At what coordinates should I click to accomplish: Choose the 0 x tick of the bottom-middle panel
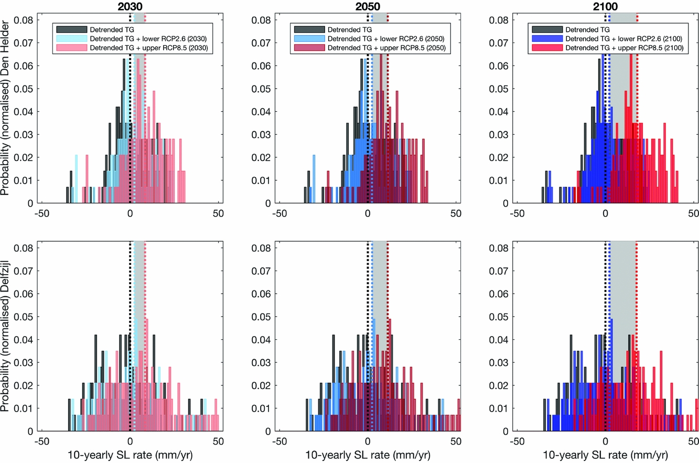(x=368, y=442)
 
